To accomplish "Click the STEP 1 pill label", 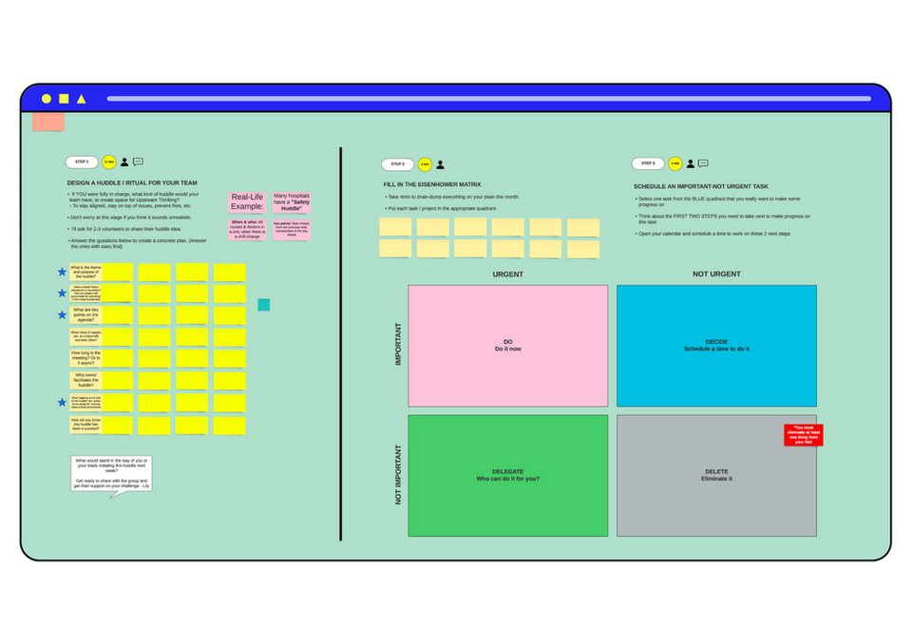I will (82, 162).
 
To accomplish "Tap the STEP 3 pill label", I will (647, 163).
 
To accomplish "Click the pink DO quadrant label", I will (507, 346).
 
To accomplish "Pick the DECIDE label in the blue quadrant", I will (716, 346).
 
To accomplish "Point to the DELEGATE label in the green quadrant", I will (507, 475).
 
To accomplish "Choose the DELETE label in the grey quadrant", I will (716, 475).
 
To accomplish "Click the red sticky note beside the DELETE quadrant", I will (803, 435).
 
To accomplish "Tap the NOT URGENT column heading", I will (716, 275).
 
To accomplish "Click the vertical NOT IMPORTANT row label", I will (398, 474).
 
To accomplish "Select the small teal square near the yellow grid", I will (263, 305).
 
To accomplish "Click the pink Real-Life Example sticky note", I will (246, 202).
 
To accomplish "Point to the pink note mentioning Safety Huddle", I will (292, 201).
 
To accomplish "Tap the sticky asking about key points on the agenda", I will (85, 314).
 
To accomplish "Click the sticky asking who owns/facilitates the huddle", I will (85, 380).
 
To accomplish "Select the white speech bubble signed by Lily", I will (113, 473).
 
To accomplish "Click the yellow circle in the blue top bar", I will (47, 99).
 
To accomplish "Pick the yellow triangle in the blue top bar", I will (82, 99).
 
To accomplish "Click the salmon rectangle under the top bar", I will (47, 122).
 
